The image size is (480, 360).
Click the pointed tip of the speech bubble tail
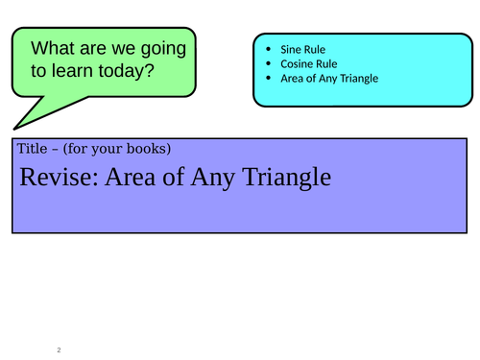tap(13, 126)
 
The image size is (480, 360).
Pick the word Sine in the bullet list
tap(290, 47)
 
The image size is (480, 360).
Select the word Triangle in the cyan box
tap(356, 79)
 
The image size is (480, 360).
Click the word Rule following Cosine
tap(327, 63)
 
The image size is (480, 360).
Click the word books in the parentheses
tap(147, 149)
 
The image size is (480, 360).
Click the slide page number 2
tap(59, 349)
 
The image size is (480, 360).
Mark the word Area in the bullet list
tap(292, 79)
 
